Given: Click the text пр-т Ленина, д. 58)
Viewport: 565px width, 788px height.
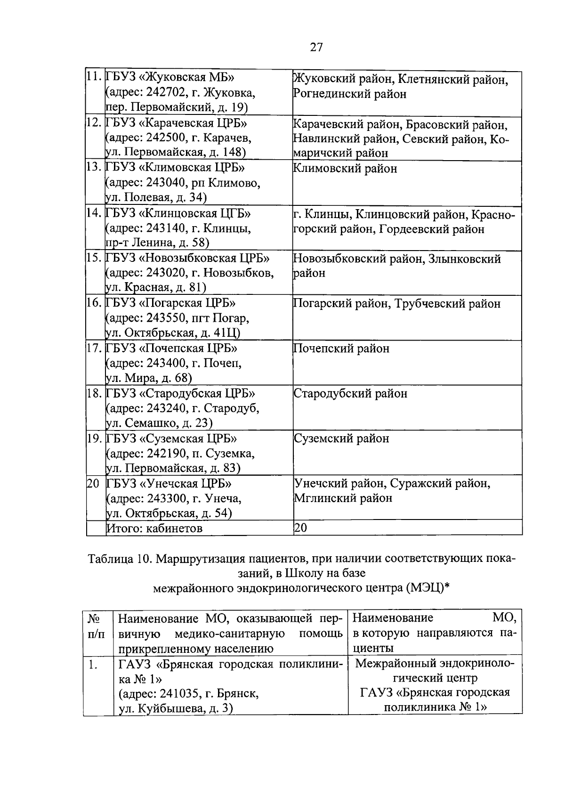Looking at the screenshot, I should coord(157,243).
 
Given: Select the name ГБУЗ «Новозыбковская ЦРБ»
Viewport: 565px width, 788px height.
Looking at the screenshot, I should coord(188,258).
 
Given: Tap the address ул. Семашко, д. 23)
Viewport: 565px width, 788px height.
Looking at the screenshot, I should coord(159,423).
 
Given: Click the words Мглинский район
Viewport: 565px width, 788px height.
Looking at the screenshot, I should coord(343,498).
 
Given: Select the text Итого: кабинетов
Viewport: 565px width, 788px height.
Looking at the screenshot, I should coord(154,528).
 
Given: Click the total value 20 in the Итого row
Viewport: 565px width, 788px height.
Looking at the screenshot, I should coord(300,528).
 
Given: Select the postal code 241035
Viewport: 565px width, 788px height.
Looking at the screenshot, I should coord(177,693).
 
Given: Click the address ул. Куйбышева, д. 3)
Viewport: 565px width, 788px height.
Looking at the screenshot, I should coord(176,708).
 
